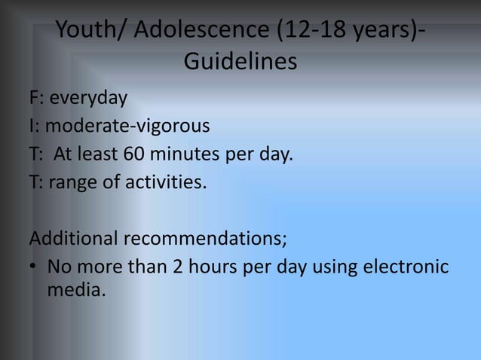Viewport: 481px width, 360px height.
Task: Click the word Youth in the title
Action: (x=85, y=32)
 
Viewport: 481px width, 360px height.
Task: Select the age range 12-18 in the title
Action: (x=317, y=32)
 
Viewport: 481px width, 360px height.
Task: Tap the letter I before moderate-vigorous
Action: (x=32, y=126)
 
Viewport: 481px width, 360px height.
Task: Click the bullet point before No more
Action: (x=35, y=267)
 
